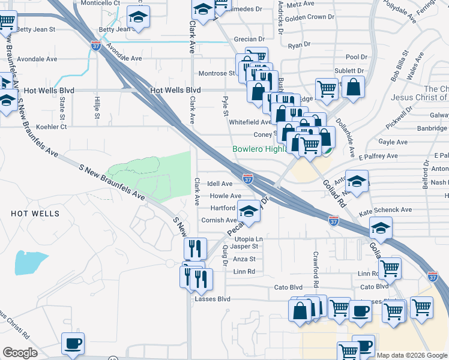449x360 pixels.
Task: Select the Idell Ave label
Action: point(219,184)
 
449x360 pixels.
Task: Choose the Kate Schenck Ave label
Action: point(385,211)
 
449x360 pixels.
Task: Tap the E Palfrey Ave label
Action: point(378,156)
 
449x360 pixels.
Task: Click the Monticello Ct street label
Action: point(100,3)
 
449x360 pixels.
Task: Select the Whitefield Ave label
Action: point(250,122)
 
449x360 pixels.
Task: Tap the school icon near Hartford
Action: point(249,211)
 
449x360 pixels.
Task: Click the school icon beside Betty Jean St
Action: point(139,17)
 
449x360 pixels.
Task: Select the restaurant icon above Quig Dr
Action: point(195,247)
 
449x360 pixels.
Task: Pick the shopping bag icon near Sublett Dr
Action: point(353,86)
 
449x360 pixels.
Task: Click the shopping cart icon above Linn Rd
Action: point(390,268)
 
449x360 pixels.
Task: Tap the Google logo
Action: point(20,353)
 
